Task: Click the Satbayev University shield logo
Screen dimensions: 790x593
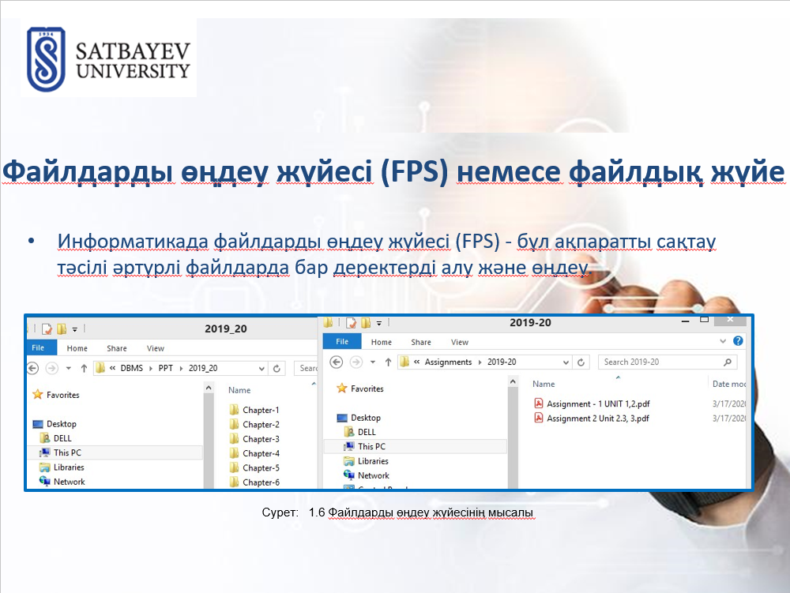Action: [46, 59]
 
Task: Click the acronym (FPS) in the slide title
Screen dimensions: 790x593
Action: [414, 171]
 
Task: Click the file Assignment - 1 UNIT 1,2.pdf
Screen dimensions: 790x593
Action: [592, 403]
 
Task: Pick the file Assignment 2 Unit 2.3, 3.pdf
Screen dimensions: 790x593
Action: [592, 418]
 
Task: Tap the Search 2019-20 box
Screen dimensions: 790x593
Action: [667, 362]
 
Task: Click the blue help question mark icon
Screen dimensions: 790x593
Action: [738, 341]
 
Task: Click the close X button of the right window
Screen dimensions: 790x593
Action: [730, 320]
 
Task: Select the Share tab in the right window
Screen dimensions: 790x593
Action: [421, 343]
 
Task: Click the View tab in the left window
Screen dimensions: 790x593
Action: [155, 348]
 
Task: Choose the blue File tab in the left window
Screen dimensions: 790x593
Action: [38, 348]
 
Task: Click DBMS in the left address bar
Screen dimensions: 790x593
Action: [131, 368]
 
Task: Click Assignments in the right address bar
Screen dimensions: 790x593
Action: [448, 362]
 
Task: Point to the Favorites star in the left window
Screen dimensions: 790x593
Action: [38, 395]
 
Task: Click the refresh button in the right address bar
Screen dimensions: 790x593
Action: [581, 362]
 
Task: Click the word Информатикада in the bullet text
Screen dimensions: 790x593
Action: [133, 242]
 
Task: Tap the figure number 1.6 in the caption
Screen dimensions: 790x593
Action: [317, 512]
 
